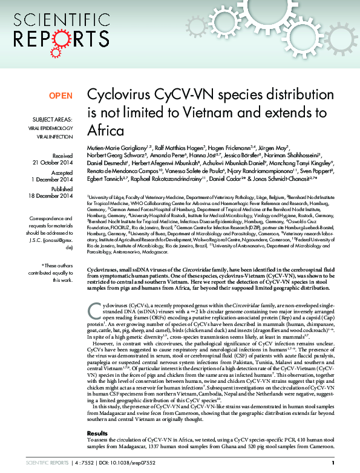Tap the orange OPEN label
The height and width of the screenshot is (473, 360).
61,96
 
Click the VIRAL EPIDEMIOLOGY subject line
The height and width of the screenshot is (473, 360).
51,128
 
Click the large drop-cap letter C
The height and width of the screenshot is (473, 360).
93,310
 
